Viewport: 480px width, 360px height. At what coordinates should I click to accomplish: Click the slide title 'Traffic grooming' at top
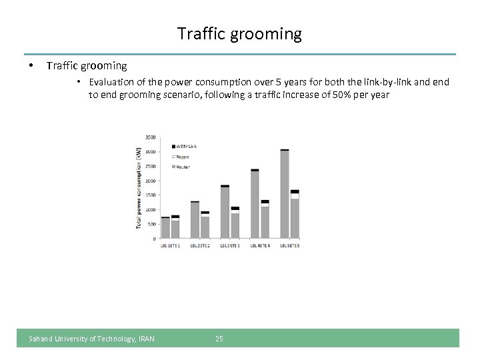(239, 33)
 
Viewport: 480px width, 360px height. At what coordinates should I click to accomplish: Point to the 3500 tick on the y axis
(151, 137)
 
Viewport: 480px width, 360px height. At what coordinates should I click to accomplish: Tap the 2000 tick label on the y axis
(151, 181)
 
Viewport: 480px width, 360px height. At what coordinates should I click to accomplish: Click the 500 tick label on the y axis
(152, 224)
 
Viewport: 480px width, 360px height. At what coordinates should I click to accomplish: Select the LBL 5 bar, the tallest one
(285, 194)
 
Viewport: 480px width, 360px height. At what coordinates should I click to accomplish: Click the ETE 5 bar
(295, 214)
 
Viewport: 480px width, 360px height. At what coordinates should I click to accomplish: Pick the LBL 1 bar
(165, 227)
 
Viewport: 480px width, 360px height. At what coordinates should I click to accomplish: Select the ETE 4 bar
(265, 219)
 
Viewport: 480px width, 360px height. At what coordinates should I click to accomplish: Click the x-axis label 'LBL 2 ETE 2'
(200, 246)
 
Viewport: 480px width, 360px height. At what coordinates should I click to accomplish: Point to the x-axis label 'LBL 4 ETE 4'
(260, 246)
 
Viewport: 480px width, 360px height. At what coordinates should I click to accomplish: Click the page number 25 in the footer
(219, 339)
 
